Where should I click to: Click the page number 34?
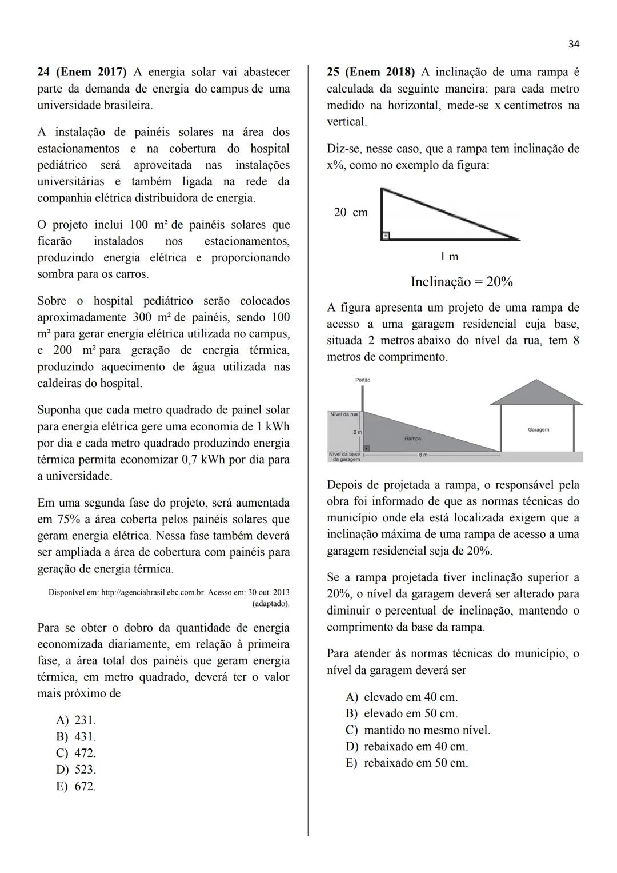(x=574, y=44)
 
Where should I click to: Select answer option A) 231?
(x=76, y=720)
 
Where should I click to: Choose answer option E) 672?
(x=76, y=786)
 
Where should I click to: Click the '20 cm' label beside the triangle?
(x=351, y=212)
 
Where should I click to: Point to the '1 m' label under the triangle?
(x=450, y=257)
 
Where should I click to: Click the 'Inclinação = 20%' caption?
(x=462, y=282)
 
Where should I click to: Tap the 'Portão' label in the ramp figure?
(x=363, y=380)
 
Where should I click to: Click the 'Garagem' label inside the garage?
(x=538, y=429)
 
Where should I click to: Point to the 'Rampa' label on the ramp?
(x=412, y=439)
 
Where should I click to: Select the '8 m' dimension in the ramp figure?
(x=423, y=455)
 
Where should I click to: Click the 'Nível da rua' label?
(x=344, y=414)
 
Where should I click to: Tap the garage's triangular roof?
(x=536, y=393)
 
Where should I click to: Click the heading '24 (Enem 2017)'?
(x=82, y=72)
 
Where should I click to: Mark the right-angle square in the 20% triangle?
(x=386, y=236)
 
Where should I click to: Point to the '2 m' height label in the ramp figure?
(x=358, y=432)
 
